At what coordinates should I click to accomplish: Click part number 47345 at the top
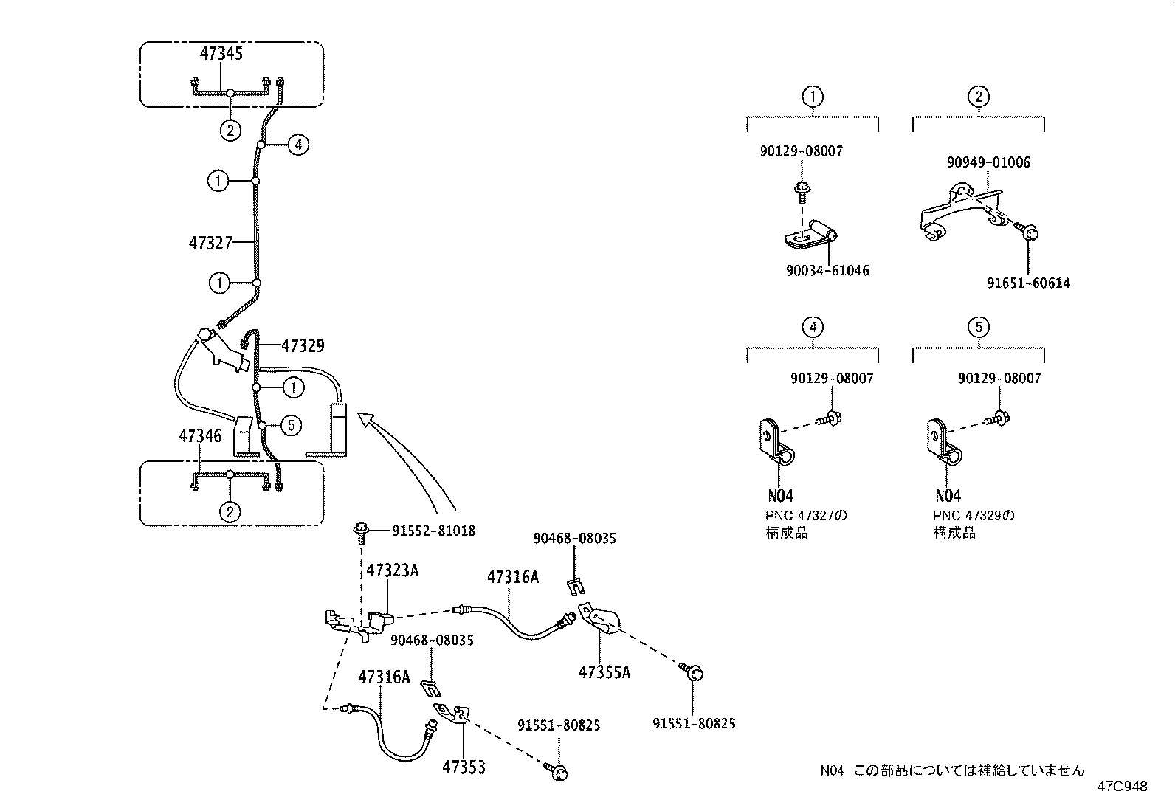[221, 53]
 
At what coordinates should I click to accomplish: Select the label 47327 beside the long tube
[210, 243]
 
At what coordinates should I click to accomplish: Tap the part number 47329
[303, 345]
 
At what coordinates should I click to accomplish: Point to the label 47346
[200, 436]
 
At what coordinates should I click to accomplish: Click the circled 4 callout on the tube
[297, 145]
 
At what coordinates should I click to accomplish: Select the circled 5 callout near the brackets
[292, 425]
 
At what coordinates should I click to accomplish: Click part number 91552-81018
[433, 531]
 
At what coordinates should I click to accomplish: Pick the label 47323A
[393, 570]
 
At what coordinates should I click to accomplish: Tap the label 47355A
[604, 672]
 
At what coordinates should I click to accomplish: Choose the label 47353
[464, 767]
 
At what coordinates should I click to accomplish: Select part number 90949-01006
[988, 162]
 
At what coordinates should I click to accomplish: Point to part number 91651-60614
[1028, 283]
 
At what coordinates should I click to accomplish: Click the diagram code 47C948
[1121, 787]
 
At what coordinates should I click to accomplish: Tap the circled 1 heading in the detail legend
[813, 97]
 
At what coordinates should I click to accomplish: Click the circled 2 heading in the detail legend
[978, 97]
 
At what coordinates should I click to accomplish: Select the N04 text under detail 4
[780, 496]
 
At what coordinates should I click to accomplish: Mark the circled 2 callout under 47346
[230, 511]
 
